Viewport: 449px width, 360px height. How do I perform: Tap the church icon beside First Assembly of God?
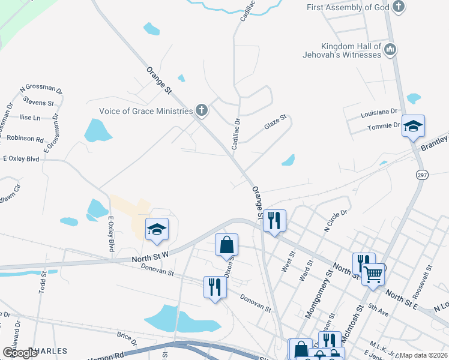click(399, 7)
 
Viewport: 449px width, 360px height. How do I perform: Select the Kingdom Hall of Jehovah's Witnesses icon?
click(390, 49)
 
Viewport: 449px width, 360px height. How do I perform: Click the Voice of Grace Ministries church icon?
click(202, 110)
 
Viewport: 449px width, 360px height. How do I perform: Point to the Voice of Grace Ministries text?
click(146, 111)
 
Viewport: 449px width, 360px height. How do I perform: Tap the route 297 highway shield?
click(422, 174)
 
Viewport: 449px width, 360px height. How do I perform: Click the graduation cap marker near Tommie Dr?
click(413, 127)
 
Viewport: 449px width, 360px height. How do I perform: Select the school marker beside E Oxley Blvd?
click(157, 229)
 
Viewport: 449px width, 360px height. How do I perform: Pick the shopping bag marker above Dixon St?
click(227, 245)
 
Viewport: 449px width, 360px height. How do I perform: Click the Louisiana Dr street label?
click(379, 112)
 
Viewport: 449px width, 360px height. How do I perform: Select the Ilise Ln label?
click(30, 118)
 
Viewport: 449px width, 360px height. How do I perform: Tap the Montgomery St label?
click(319, 293)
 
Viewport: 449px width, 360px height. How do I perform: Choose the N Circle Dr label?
click(336, 220)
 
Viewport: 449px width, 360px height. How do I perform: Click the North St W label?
click(151, 258)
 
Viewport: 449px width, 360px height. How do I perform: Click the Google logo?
click(20, 353)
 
